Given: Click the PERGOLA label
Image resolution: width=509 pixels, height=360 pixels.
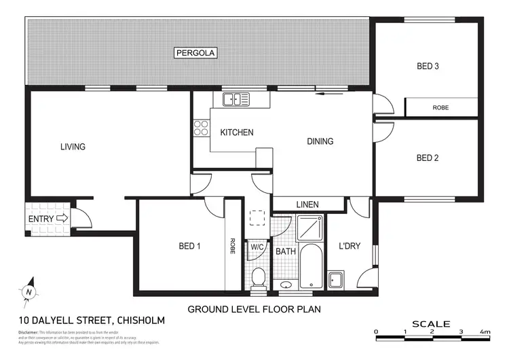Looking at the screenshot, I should click(195, 52).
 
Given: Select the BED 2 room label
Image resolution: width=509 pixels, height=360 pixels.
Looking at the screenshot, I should click(428, 158).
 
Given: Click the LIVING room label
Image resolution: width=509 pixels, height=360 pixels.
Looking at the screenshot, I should click(73, 147).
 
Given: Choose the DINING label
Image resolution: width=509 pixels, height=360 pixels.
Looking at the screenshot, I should click(320, 142).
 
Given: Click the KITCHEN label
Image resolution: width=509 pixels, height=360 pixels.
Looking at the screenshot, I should click(237, 132).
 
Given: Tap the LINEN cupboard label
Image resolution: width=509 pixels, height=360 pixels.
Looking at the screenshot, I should click(308, 204).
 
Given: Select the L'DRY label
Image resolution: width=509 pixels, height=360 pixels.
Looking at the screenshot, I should click(349, 246).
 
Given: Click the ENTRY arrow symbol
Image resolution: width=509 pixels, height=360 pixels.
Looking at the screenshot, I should click(62, 219).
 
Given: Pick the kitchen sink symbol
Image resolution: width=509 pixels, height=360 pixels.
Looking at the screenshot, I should click(236, 99).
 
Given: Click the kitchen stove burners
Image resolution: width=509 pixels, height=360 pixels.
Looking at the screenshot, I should click(202, 128).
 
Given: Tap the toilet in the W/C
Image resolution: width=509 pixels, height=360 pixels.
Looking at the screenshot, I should click(258, 277).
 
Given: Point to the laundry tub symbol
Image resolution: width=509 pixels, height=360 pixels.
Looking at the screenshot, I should click(335, 280).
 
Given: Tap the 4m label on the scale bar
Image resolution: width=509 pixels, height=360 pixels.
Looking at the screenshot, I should click(485, 331).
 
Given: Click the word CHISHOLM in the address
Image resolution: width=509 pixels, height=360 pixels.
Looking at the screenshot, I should click(141, 320).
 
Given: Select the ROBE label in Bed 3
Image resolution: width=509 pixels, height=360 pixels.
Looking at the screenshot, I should click(441, 107).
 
